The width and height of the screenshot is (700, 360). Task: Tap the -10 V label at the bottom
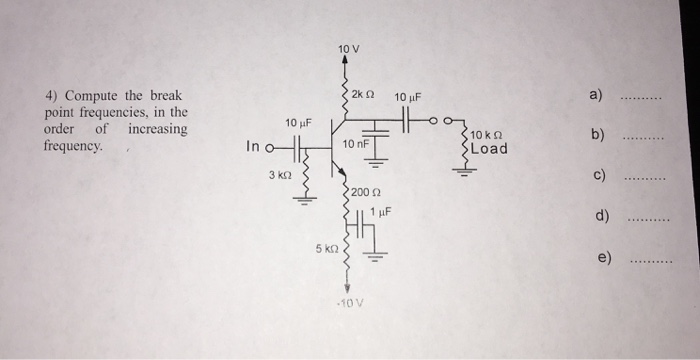pyautogui.click(x=348, y=302)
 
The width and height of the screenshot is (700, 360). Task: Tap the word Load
pyautogui.click(x=489, y=149)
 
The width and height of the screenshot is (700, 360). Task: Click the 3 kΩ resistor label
pyautogui.click(x=279, y=175)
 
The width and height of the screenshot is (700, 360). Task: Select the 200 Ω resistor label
pyautogui.click(x=362, y=190)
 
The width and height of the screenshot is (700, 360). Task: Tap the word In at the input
pyautogui.click(x=254, y=147)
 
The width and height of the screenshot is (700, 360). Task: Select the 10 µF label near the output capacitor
pyautogui.click(x=409, y=97)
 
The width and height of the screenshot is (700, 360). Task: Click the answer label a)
pyautogui.click(x=597, y=96)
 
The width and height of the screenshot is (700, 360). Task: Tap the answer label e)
pyautogui.click(x=604, y=257)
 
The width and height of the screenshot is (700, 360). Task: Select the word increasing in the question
pyautogui.click(x=157, y=129)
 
